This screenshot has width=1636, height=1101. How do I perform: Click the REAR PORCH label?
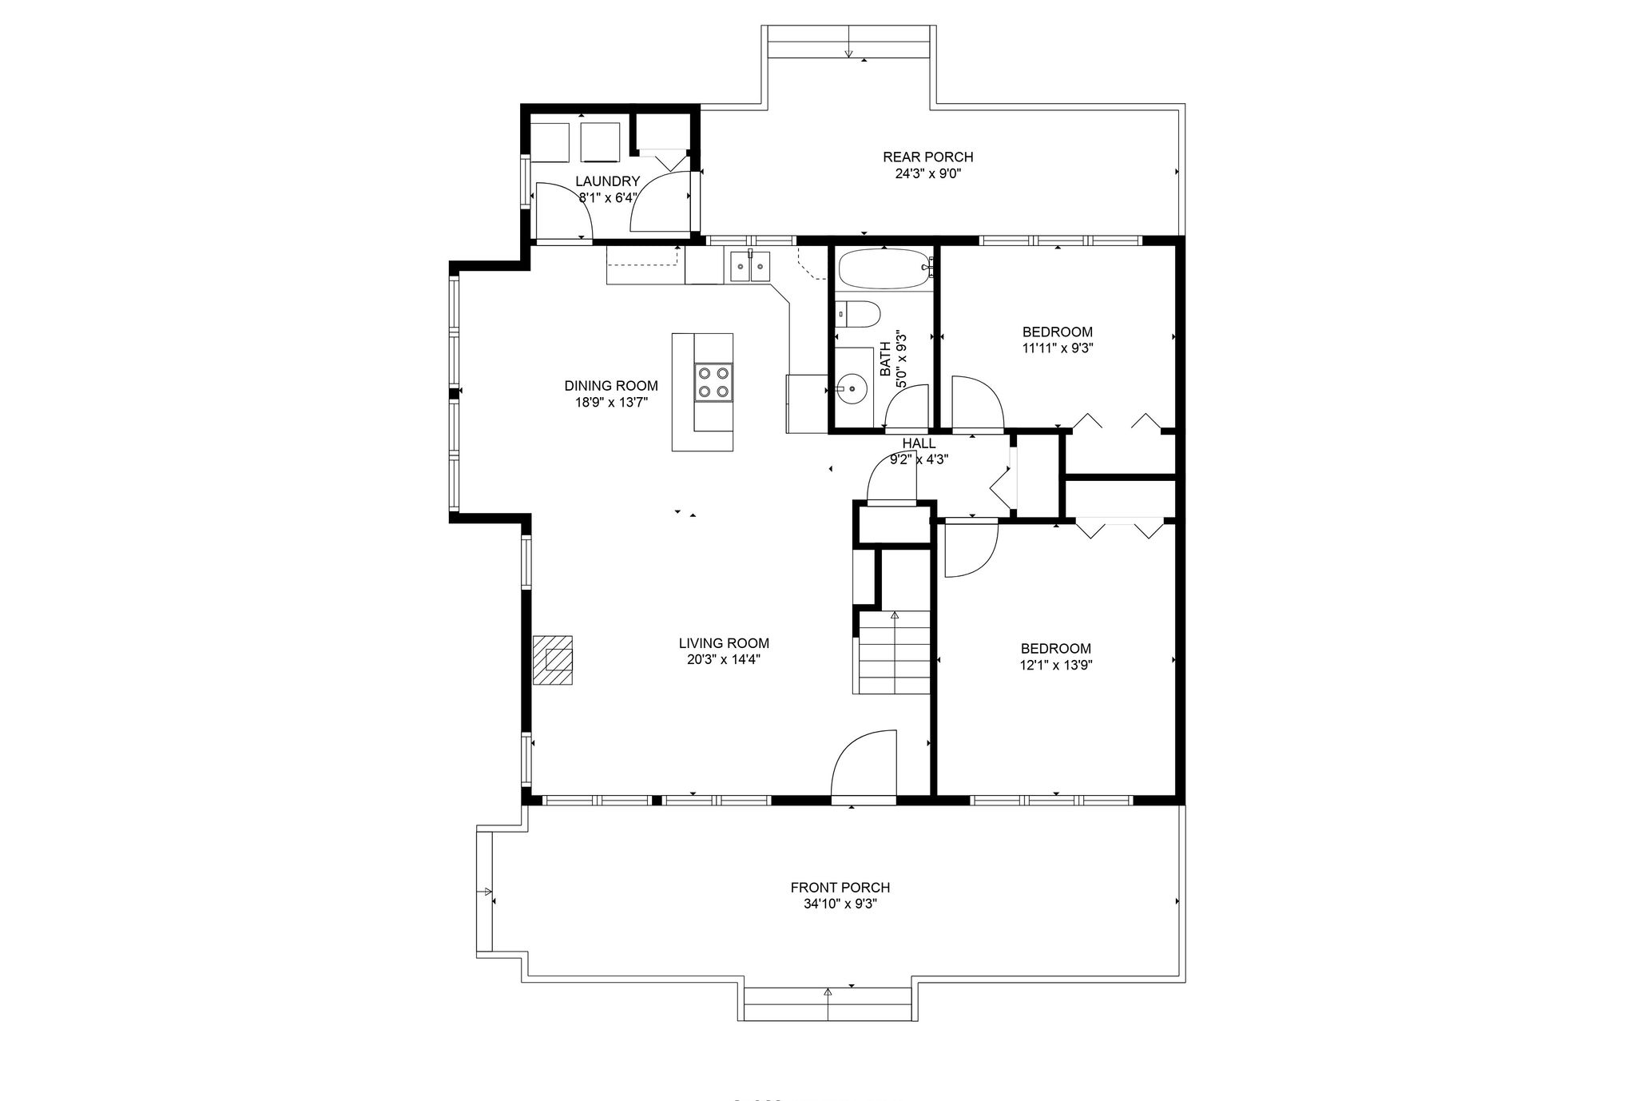tap(927, 157)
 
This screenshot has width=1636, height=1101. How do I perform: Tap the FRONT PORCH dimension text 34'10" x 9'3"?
tap(840, 904)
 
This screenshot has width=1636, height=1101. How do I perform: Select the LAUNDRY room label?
tap(608, 181)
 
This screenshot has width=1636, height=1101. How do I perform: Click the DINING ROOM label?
tap(611, 386)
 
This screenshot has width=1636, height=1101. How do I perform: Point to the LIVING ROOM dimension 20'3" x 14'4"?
tap(724, 659)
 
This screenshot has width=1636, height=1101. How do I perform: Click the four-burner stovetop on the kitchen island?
tap(713, 381)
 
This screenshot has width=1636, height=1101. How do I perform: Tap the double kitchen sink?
tap(749, 265)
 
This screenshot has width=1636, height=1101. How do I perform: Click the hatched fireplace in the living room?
tap(553, 659)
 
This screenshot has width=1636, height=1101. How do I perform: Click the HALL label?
tap(919, 443)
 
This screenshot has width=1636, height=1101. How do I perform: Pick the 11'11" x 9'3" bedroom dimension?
tap(1057, 348)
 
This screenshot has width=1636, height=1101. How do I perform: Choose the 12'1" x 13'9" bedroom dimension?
tap(1056, 665)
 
